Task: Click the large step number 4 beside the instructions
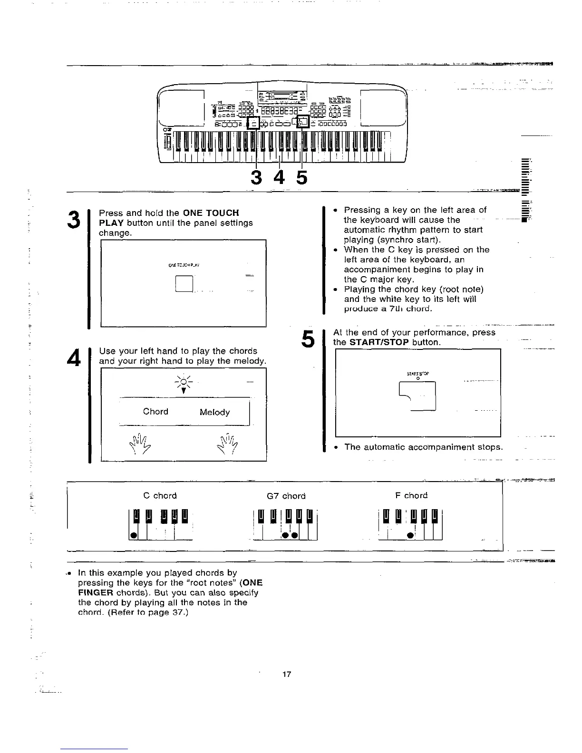click(x=73, y=357)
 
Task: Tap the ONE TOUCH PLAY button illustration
click(x=184, y=285)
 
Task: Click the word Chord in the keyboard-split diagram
click(x=155, y=412)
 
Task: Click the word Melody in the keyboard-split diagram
click(x=214, y=412)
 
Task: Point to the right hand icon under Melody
click(x=228, y=444)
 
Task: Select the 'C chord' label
click(x=160, y=496)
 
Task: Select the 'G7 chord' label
click(x=286, y=496)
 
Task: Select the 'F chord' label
click(x=411, y=496)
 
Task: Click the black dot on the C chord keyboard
click(x=134, y=535)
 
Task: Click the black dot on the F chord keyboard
click(x=409, y=535)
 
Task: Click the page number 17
click(x=286, y=674)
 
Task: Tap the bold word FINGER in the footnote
click(x=95, y=593)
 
